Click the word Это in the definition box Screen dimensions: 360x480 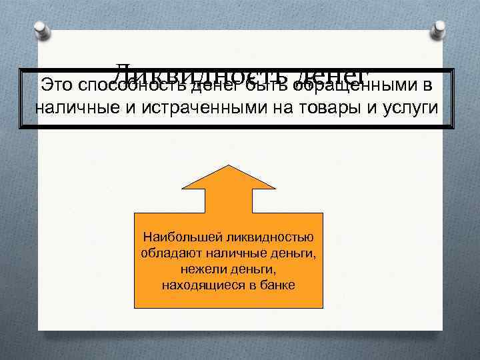tap(56, 85)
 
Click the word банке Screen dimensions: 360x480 tap(279, 285)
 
